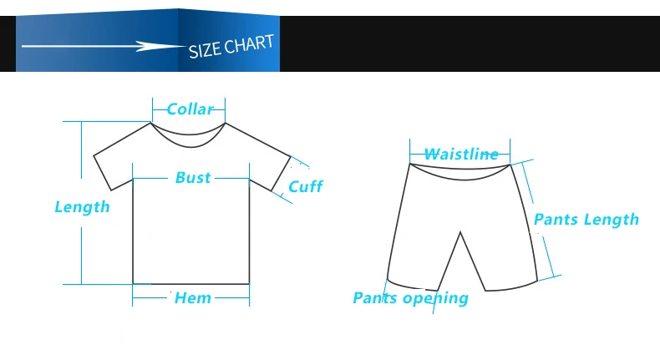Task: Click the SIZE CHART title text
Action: [x=231, y=46]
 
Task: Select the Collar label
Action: [x=190, y=109]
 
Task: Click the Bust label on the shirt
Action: [x=193, y=178]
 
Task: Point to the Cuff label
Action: [x=306, y=186]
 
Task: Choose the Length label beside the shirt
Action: [x=82, y=207]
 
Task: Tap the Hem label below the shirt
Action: [x=193, y=298]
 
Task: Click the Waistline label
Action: [x=461, y=154]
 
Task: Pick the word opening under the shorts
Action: [x=435, y=298]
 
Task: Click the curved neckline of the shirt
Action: [x=190, y=141]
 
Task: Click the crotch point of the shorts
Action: [x=460, y=232]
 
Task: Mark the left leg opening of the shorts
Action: [x=413, y=286]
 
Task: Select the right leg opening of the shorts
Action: [x=511, y=287]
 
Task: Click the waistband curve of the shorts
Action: [x=460, y=173]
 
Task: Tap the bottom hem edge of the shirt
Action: [x=191, y=284]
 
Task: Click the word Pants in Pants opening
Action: [x=374, y=298]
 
